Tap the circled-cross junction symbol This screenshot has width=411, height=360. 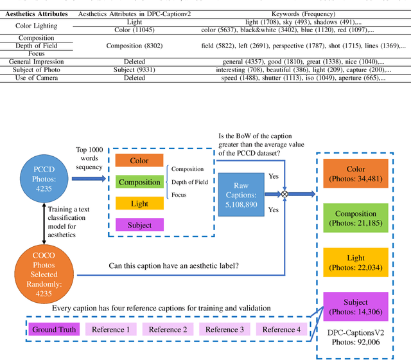285,192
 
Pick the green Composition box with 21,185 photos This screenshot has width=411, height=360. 356,218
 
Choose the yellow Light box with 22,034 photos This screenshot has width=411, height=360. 356,262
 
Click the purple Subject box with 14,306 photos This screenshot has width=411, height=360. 356,307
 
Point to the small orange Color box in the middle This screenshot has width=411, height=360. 139,161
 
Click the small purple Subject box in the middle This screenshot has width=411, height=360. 139,225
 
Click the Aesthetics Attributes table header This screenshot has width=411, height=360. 37,14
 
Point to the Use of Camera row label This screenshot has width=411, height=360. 37,78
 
